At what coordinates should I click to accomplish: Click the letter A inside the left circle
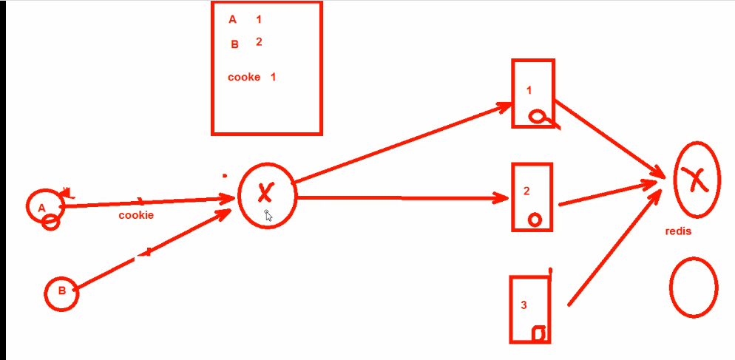[x=41, y=208]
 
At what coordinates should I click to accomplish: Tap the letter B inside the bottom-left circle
[x=62, y=291]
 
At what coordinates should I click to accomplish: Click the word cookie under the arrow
[x=136, y=215]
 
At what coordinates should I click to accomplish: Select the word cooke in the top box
[x=244, y=77]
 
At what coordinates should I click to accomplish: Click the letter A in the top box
[x=232, y=20]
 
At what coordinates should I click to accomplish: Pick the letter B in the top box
[x=235, y=44]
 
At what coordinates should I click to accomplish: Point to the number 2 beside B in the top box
[x=259, y=41]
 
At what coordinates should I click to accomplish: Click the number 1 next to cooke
[x=273, y=77]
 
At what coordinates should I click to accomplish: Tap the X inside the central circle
[x=265, y=194]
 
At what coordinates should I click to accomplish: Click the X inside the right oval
[x=695, y=179]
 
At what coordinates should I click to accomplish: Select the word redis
[x=678, y=231]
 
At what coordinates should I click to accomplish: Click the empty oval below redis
[x=694, y=288]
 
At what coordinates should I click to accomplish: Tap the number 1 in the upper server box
[x=529, y=90]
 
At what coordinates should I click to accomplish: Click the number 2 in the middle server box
[x=526, y=191]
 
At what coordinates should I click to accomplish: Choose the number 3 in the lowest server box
[x=524, y=305]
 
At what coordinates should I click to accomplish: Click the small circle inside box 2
[x=535, y=220]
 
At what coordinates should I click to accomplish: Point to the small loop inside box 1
[x=538, y=116]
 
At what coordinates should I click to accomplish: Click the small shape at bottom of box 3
[x=541, y=333]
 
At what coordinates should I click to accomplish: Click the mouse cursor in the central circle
[x=268, y=215]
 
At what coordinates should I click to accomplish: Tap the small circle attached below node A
[x=50, y=222]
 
